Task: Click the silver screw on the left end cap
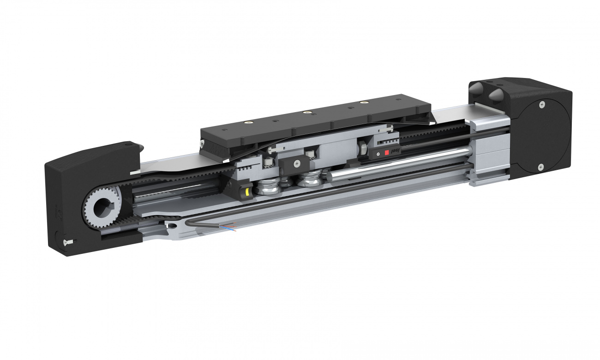coord(66,242)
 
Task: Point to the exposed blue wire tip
coord(234,229)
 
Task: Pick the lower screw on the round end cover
coord(540,167)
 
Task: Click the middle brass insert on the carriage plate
coord(305,112)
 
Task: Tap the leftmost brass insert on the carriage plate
coord(248,123)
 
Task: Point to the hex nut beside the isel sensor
coord(363,149)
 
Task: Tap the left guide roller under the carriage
coord(268,189)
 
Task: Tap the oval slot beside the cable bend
coord(172,226)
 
